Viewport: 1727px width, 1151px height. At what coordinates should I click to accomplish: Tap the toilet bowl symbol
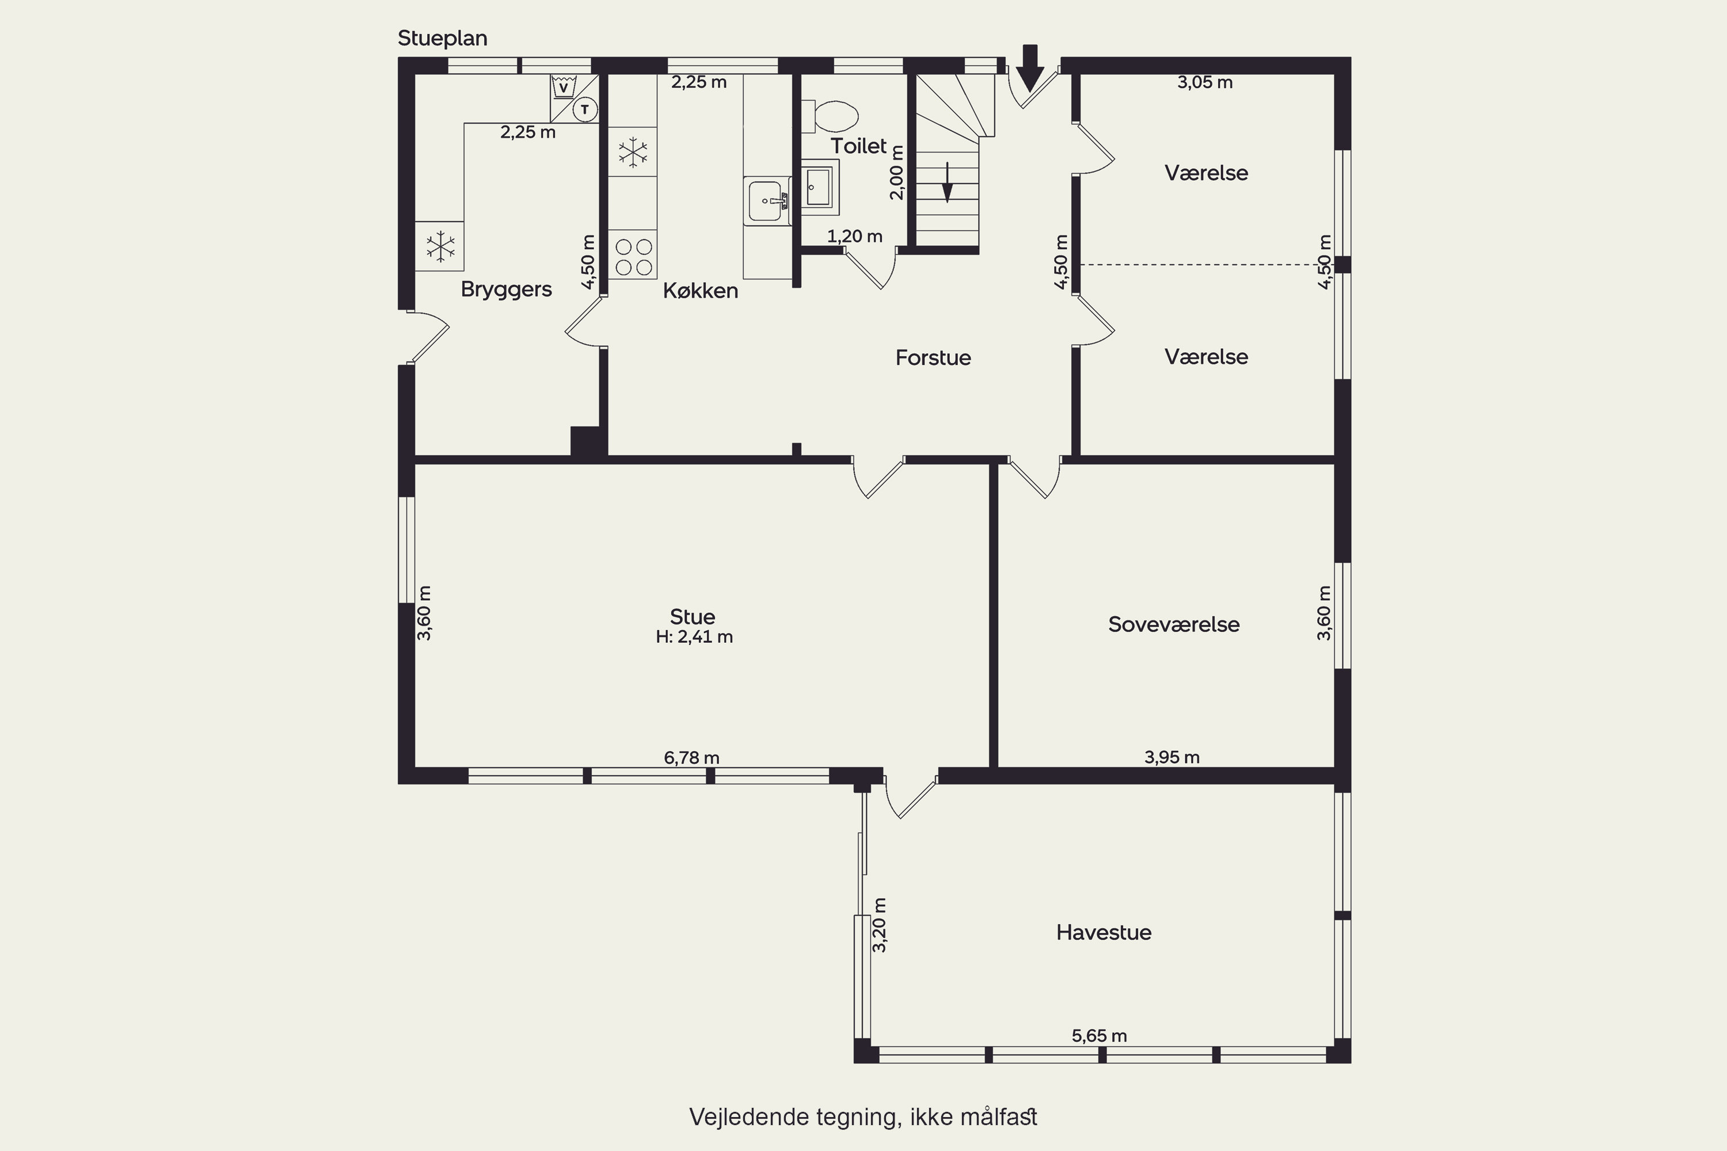pyautogui.click(x=831, y=116)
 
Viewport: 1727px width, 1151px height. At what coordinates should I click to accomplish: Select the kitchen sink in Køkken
pyautogui.click(x=767, y=200)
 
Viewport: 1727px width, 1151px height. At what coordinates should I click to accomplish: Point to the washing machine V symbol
pyautogui.click(x=563, y=88)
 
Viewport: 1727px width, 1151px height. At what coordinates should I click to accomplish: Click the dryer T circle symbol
pyautogui.click(x=585, y=110)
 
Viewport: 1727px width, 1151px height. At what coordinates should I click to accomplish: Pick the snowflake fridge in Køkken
pyautogui.click(x=633, y=152)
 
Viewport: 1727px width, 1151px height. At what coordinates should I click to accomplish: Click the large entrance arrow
pyautogui.click(x=1030, y=67)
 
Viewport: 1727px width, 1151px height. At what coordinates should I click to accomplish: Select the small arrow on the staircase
pyautogui.click(x=947, y=182)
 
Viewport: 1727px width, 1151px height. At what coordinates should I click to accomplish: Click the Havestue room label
pyautogui.click(x=1104, y=932)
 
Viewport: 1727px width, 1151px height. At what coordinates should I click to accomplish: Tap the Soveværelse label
pyautogui.click(x=1173, y=624)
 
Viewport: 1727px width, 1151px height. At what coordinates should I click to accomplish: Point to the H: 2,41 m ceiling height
pyautogui.click(x=694, y=637)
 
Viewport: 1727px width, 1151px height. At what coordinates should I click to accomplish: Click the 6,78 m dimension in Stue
pyautogui.click(x=692, y=757)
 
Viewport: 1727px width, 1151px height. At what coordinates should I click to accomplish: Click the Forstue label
pyautogui.click(x=933, y=357)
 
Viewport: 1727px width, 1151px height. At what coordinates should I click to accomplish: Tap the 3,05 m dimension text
pyautogui.click(x=1205, y=82)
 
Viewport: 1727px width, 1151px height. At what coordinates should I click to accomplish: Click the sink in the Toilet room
pyautogui.click(x=819, y=186)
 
